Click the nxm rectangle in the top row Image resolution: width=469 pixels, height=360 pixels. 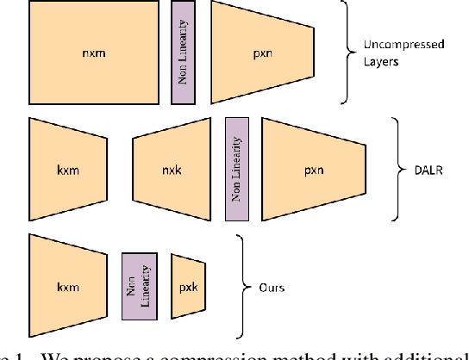(94, 51)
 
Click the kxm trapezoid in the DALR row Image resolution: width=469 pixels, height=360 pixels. (68, 168)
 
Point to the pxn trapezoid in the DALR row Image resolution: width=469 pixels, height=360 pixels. (313, 168)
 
